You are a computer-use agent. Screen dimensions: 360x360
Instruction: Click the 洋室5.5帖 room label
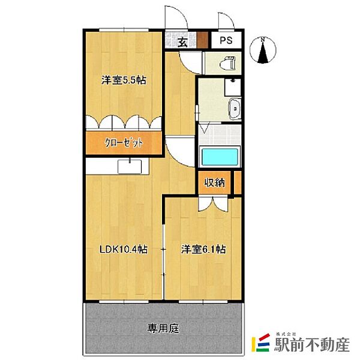click(x=125, y=79)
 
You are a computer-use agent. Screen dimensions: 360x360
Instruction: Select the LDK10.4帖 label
click(x=124, y=249)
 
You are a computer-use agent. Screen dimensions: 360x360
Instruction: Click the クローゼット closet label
click(x=125, y=144)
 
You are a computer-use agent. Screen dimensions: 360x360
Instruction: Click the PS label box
click(x=226, y=41)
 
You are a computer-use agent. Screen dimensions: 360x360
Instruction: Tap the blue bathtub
click(x=220, y=157)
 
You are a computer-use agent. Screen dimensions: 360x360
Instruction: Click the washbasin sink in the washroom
click(x=235, y=109)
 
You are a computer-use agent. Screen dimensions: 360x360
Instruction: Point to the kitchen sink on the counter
click(x=129, y=166)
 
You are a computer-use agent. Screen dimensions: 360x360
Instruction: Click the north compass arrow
click(x=264, y=52)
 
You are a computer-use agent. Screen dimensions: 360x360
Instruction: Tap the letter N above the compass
click(x=264, y=40)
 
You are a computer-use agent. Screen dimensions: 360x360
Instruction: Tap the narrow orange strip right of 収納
click(x=237, y=182)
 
